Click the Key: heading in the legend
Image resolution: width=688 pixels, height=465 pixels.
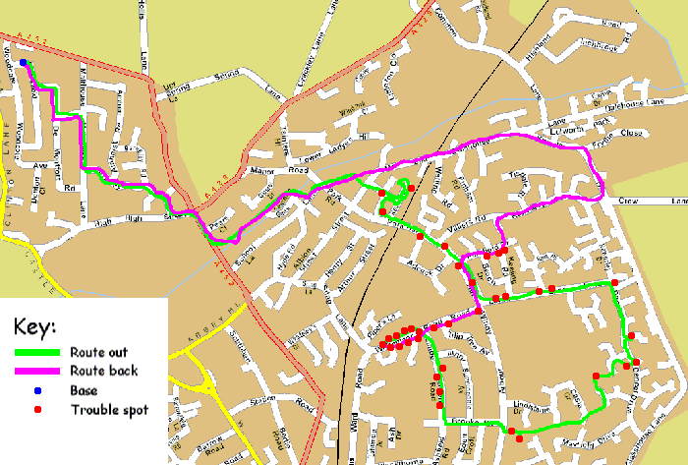(x=36, y=326)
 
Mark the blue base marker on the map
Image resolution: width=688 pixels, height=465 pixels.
(x=23, y=62)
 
